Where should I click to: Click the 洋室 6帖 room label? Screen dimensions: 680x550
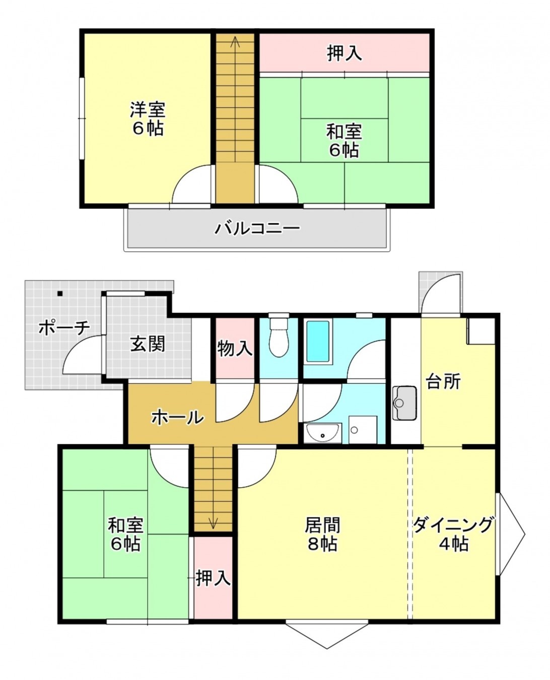148,118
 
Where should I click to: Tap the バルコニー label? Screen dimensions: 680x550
257,228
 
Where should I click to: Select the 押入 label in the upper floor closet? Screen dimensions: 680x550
345,53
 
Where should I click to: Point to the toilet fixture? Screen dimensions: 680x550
279,336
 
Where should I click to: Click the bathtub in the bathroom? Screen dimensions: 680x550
318,341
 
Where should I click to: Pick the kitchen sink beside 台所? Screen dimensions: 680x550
404,402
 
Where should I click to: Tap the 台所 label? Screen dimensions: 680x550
443,381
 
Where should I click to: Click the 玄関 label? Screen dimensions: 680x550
148,344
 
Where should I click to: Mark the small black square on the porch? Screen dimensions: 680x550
60,293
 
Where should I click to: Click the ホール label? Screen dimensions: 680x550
178,417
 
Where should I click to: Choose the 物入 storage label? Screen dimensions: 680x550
235,348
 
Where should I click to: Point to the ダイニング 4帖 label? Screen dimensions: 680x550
453,534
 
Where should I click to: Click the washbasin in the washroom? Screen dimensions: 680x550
322,433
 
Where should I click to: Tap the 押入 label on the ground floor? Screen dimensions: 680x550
213,578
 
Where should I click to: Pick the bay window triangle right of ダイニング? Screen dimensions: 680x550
512,534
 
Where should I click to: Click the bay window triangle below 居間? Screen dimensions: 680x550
326,634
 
